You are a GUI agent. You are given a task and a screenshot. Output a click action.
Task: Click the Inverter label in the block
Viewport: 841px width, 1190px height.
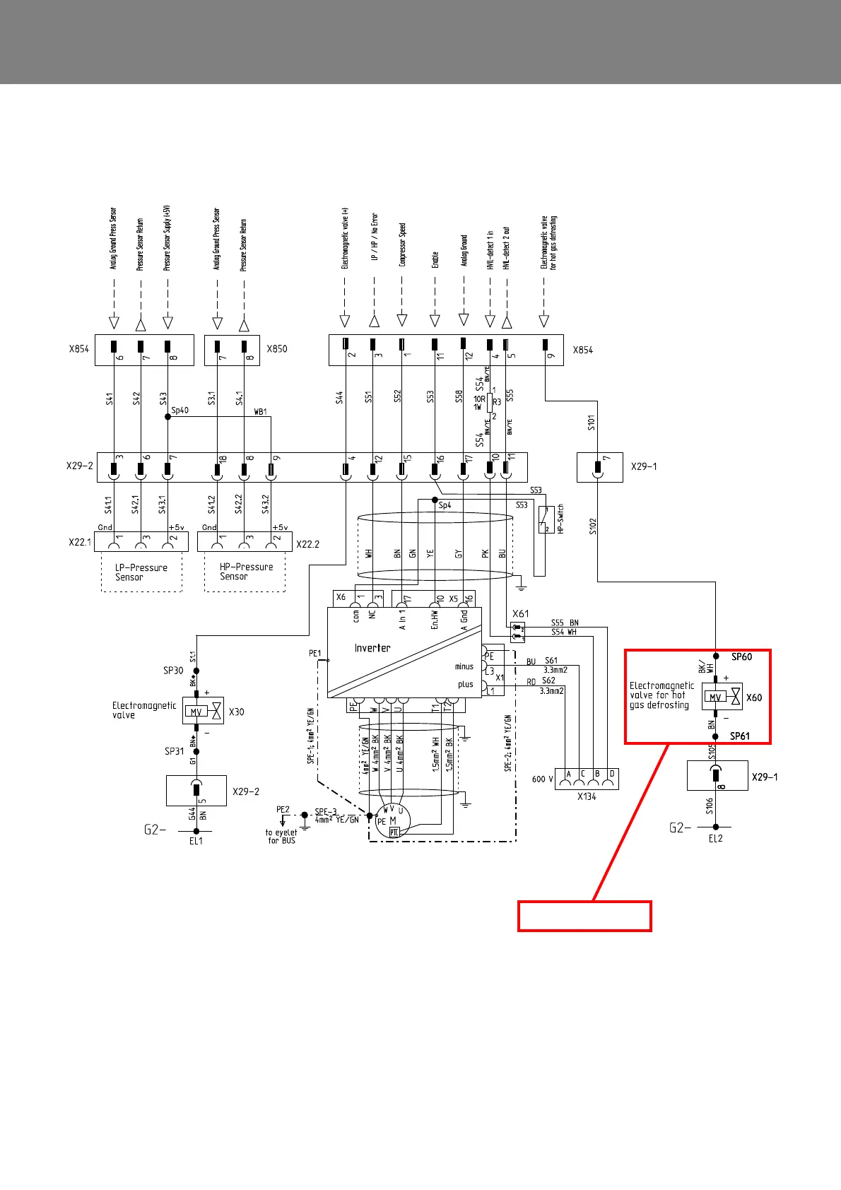tap(372, 648)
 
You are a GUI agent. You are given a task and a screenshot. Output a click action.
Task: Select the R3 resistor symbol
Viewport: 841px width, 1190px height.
tap(490, 402)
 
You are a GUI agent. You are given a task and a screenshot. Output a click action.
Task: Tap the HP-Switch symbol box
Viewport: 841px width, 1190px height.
tap(546, 519)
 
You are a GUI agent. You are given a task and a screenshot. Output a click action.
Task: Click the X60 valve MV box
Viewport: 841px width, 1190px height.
tap(715, 697)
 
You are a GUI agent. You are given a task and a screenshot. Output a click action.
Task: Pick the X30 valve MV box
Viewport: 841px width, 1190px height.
tap(196, 712)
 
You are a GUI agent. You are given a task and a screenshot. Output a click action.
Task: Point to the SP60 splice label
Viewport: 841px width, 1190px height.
tap(741, 656)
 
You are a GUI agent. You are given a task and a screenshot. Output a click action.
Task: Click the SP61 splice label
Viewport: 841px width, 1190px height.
tap(739, 736)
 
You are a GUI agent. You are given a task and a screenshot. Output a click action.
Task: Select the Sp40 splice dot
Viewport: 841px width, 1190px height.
tap(167, 417)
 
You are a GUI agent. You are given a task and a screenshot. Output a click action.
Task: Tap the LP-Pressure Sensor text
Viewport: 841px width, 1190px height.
tap(141, 572)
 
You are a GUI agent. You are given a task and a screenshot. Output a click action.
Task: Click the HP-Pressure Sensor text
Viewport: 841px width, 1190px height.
tap(246, 572)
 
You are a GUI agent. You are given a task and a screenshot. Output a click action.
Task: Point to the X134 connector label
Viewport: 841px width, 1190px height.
tap(587, 796)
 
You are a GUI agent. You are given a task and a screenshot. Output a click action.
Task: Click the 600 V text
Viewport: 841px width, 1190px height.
tap(542, 779)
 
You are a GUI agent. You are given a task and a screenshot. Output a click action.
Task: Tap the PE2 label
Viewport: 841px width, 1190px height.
tap(283, 810)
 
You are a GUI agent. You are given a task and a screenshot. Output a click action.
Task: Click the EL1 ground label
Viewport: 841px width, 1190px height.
tap(196, 841)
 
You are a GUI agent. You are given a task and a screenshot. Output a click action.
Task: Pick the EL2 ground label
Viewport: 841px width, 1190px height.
tap(715, 838)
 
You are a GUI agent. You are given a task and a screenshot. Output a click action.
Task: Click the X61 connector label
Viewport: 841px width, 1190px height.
tap(520, 614)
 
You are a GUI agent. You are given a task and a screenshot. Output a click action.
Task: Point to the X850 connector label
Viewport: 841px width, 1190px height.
tap(277, 349)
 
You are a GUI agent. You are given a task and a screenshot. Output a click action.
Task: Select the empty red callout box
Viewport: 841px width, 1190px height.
tap(584, 916)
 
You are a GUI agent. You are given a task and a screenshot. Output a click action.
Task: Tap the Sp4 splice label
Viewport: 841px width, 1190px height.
tap(445, 505)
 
